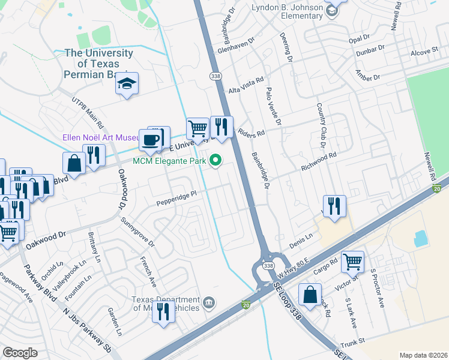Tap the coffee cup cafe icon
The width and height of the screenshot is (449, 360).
[150, 140]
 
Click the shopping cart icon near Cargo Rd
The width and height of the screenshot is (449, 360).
[352, 261]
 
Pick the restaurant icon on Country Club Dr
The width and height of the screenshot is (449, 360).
[334, 206]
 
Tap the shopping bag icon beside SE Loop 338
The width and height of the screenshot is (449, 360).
[310, 295]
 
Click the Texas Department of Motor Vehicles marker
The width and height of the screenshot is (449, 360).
[208, 302]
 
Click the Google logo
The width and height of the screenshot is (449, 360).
[20, 352]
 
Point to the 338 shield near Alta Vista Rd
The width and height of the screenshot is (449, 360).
[215, 76]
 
